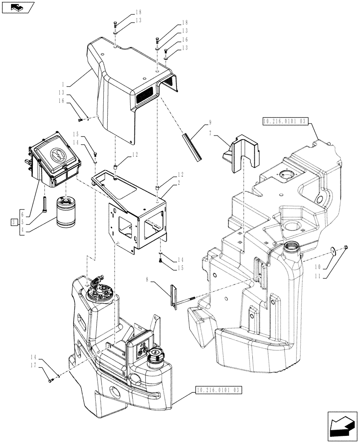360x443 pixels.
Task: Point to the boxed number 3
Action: click(15, 221)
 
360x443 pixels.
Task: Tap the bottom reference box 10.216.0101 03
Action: click(218, 390)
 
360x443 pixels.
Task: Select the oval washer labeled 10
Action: click(332, 252)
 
